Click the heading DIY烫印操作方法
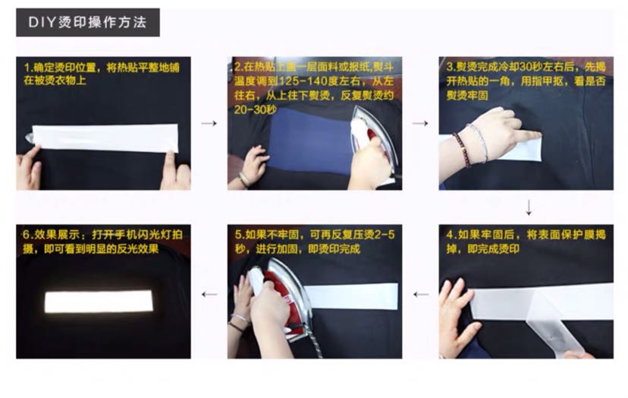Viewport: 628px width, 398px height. tap(87, 22)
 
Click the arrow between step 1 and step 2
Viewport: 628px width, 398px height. tap(209, 123)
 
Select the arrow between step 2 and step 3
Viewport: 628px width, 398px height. tap(419, 123)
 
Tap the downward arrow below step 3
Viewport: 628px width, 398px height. tap(529, 207)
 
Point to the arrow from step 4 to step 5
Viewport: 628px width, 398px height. tap(420, 295)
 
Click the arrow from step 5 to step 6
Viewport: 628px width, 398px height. tap(209, 295)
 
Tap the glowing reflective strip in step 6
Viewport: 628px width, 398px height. tap(99, 302)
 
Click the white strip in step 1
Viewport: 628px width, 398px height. tap(105, 137)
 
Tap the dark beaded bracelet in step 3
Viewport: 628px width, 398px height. tap(461, 150)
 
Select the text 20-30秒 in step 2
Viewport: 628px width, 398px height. tap(255, 109)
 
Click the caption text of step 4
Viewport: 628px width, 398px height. tap(526, 242)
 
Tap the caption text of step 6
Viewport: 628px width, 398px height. tap(102, 242)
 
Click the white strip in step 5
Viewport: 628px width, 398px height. tap(351, 296)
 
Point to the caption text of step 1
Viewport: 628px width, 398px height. tap(102, 74)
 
